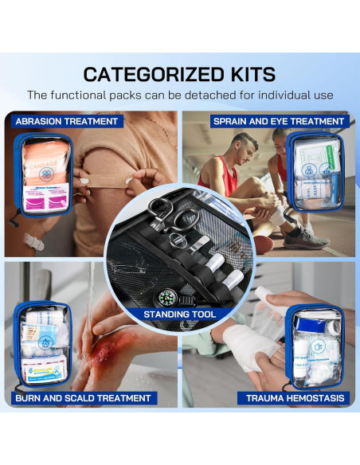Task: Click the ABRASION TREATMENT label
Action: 66,122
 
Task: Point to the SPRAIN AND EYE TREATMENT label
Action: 278,122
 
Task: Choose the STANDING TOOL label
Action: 179,315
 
